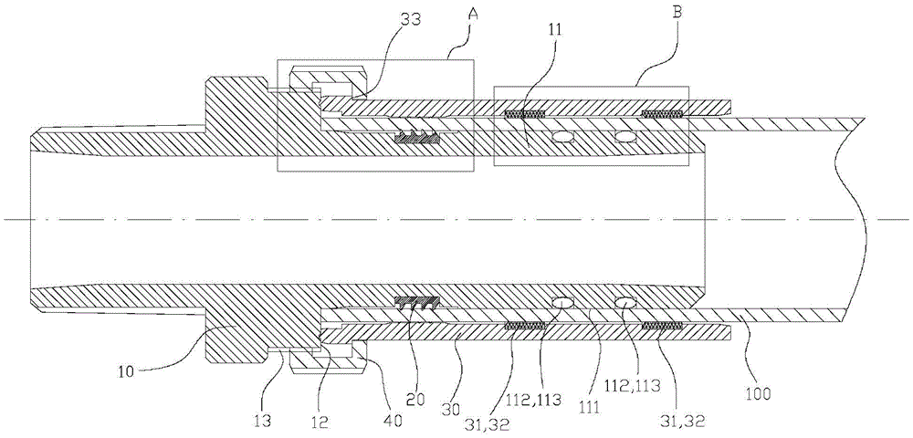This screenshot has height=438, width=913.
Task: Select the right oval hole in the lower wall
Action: [625, 303]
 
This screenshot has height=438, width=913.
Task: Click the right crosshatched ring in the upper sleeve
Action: [664, 115]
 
